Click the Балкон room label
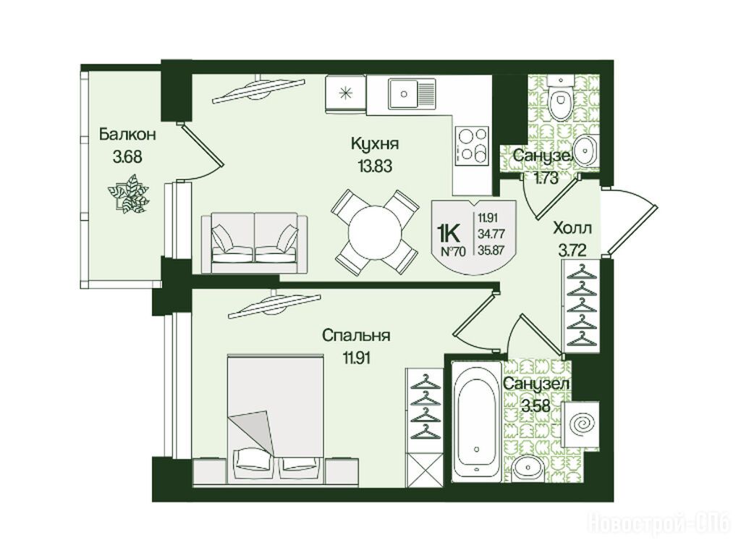coord(127,134)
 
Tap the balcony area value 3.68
coord(127,156)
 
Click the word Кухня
coord(375,143)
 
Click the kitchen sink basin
coord(404,93)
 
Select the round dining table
coord(375,232)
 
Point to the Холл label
coord(572,228)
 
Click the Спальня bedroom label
coord(356,335)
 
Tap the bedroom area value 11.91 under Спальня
coord(356,358)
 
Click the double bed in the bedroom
coord(276,419)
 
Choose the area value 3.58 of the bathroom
coord(536,405)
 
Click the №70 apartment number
coord(453,251)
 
